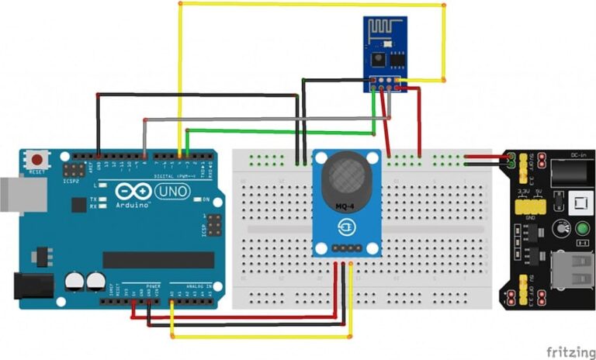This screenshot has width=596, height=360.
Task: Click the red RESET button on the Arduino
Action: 36,159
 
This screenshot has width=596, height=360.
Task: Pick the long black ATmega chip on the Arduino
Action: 158,260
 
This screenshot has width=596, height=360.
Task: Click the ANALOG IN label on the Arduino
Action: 195,286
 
